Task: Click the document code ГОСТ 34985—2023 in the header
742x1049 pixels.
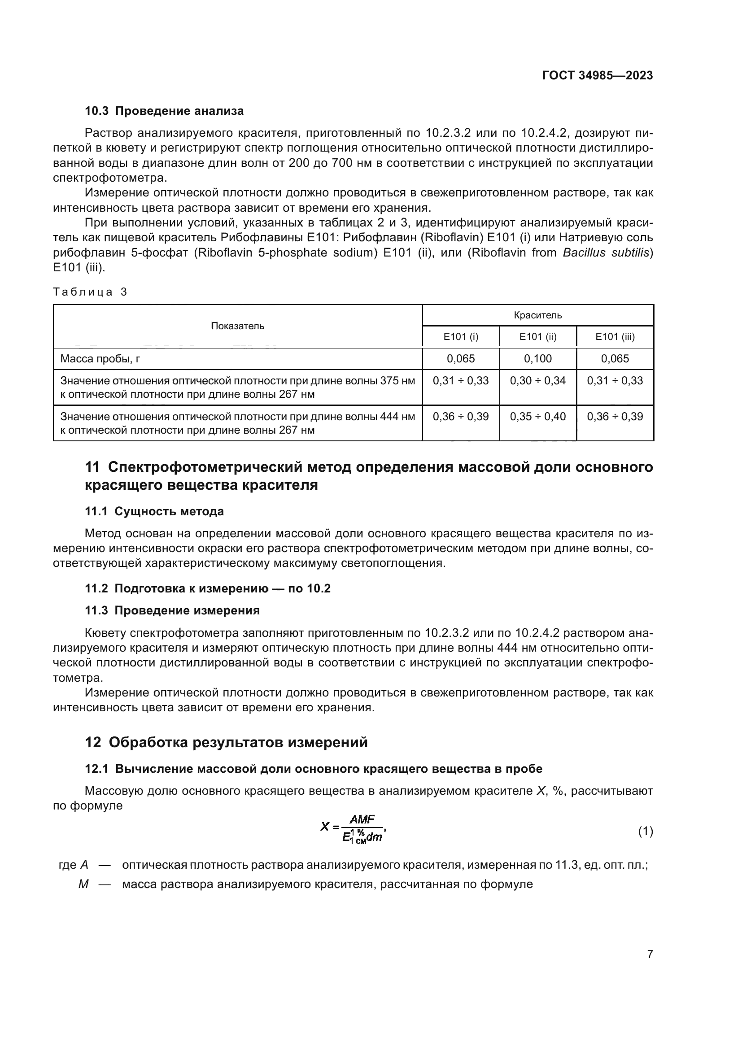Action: tap(597, 75)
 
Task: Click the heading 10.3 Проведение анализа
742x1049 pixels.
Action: tap(164, 111)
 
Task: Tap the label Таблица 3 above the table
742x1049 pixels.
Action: tap(90, 292)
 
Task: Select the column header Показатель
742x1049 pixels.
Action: tap(238, 326)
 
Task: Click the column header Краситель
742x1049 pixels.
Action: tap(538, 315)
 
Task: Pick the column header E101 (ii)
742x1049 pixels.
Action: tap(538, 337)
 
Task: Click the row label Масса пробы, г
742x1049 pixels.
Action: tap(100, 359)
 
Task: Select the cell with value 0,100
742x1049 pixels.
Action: tap(538, 359)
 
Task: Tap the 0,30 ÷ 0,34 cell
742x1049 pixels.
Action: tap(538, 381)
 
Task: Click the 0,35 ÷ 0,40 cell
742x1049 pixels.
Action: tap(538, 417)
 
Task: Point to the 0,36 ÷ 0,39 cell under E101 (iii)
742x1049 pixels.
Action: tap(615, 417)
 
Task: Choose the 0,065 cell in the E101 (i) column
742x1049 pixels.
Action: tap(461, 359)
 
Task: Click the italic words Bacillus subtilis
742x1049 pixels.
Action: tap(606, 252)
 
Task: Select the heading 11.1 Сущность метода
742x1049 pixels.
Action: tap(154, 511)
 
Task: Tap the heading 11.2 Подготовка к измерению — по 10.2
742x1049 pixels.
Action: tap(207, 588)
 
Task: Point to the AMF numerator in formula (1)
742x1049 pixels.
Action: tap(362, 819)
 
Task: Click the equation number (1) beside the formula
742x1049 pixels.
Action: tap(645, 831)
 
